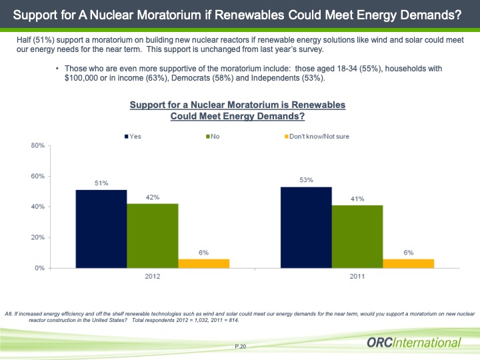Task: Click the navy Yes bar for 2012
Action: point(101,229)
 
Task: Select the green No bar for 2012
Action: point(153,235)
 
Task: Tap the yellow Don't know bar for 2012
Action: point(203,263)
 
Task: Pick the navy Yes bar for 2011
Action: point(306,227)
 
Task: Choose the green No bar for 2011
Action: point(357,236)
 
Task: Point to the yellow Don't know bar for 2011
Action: point(408,263)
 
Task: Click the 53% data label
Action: point(306,180)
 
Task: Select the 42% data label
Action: point(153,197)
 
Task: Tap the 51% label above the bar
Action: point(101,183)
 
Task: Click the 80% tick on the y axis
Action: point(37,145)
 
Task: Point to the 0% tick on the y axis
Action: point(39,268)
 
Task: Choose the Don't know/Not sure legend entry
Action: point(317,137)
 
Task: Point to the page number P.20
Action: point(241,347)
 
